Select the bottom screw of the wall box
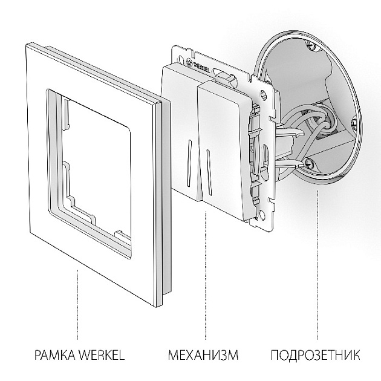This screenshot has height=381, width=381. coord(310,162)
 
